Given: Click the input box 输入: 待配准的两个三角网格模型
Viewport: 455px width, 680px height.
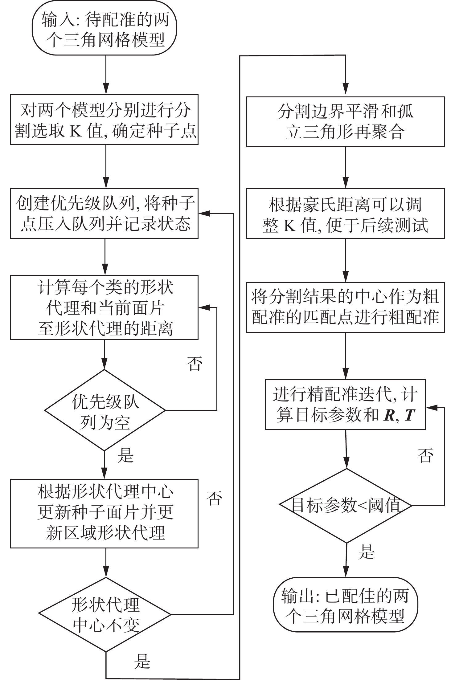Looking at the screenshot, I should coord(105,28).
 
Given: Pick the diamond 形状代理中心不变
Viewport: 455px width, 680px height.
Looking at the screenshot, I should coord(105,614).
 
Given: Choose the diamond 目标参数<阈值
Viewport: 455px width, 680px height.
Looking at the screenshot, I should coord(346,506).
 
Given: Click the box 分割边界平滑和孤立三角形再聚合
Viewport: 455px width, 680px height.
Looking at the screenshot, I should coord(345,122).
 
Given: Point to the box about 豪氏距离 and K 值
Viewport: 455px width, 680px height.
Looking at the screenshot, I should coord(345,214).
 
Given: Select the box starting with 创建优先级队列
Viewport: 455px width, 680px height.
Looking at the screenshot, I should coord(104,214).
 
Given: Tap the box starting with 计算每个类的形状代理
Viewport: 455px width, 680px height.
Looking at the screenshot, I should coord(104,307).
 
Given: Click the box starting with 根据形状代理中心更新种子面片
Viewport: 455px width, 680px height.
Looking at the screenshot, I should coord(104,513).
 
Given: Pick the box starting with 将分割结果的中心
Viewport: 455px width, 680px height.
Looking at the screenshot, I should coord(345,307).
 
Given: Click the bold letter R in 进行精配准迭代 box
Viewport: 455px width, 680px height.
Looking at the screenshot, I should coord(389,416).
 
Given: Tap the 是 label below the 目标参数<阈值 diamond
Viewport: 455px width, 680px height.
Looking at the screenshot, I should coord(366,552).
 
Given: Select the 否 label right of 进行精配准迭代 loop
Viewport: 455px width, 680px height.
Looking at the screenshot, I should coord(425,455).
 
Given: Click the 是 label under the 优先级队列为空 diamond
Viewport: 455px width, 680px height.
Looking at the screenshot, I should coord(125,455).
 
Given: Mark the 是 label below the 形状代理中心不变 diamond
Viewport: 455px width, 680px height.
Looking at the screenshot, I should coord(142,661).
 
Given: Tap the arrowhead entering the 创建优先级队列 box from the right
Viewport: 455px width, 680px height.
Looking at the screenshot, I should coord(203,213).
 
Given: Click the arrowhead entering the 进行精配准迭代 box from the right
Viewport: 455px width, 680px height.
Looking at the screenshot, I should coord(431,408).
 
